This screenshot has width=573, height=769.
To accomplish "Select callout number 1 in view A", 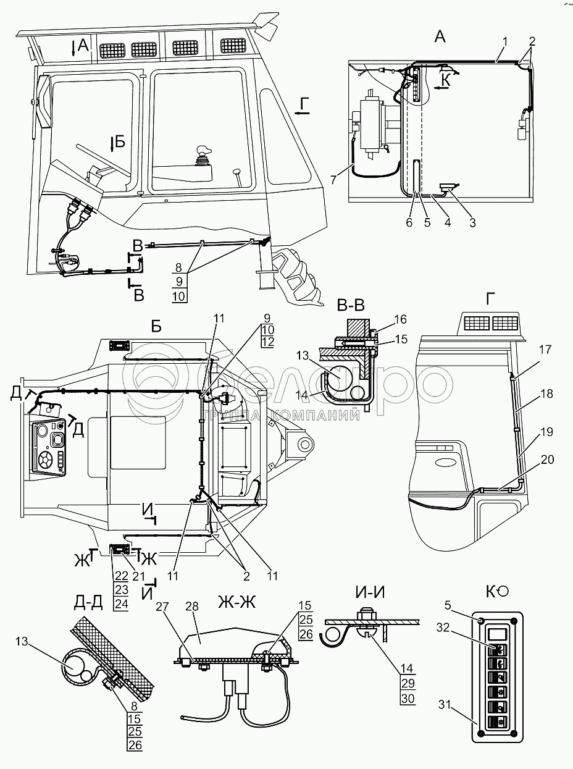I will (x=504, y=41).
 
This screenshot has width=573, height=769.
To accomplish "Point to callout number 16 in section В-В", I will (x=401, y=319).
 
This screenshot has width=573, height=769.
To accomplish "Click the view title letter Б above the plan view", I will (x=156, y=326).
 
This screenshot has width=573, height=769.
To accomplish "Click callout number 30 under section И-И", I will (x=407, y=699).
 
